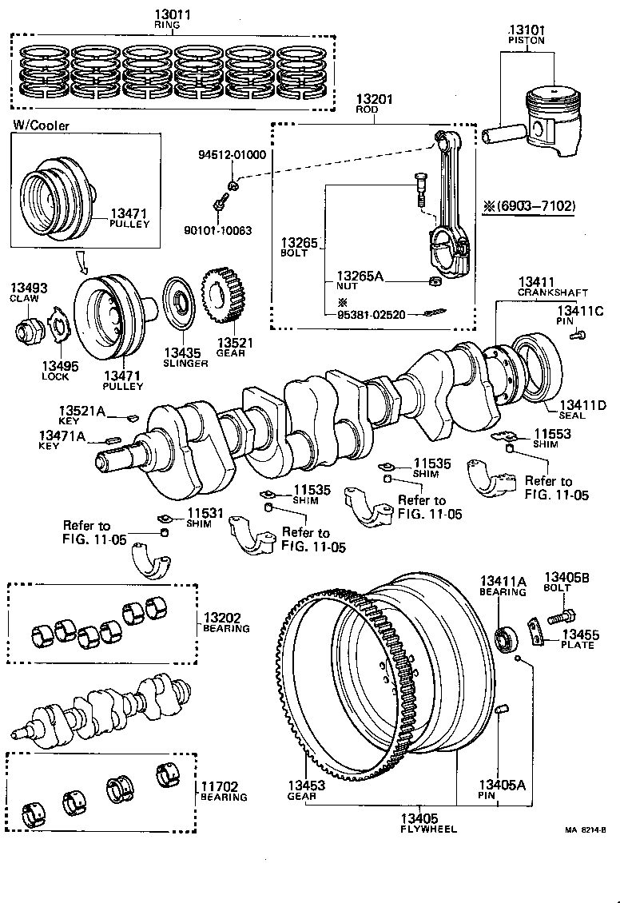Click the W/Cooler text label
click(x=41, y=125)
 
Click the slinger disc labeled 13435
click(x=181, y=305)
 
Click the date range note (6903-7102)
click(x=528, y=206)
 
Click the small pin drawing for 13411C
click(x=578, y=336)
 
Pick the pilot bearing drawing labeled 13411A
click(x=505, y=639)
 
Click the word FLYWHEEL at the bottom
click(x=428, y=829)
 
